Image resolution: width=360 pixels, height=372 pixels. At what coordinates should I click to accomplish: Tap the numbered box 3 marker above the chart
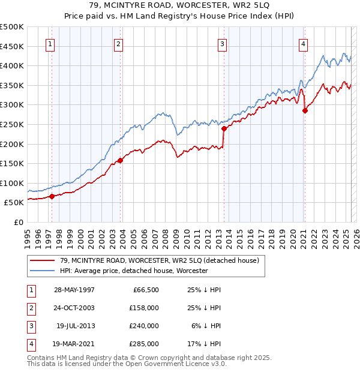[222, 43]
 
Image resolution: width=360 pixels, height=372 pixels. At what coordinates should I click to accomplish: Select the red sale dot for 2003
[120, 160]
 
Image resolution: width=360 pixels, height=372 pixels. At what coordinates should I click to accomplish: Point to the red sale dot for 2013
[224, 128]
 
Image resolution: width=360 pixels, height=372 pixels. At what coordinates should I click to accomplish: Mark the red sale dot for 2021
[305, 110]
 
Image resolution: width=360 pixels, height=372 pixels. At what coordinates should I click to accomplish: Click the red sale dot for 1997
[52, 196]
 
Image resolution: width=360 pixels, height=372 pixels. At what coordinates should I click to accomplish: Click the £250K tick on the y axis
[12, 124]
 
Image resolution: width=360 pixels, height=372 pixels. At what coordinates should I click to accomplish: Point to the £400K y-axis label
[12, 65]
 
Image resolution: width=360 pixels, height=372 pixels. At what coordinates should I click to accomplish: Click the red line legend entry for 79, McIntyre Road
[159, 260]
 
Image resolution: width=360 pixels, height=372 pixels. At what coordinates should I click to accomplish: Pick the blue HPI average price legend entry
[133, 271]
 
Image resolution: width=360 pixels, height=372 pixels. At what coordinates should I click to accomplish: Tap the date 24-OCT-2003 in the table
[74, 308]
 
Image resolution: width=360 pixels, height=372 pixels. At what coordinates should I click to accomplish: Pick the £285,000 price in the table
[143, 344]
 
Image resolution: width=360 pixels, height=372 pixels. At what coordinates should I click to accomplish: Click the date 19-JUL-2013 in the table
[75, 326]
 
